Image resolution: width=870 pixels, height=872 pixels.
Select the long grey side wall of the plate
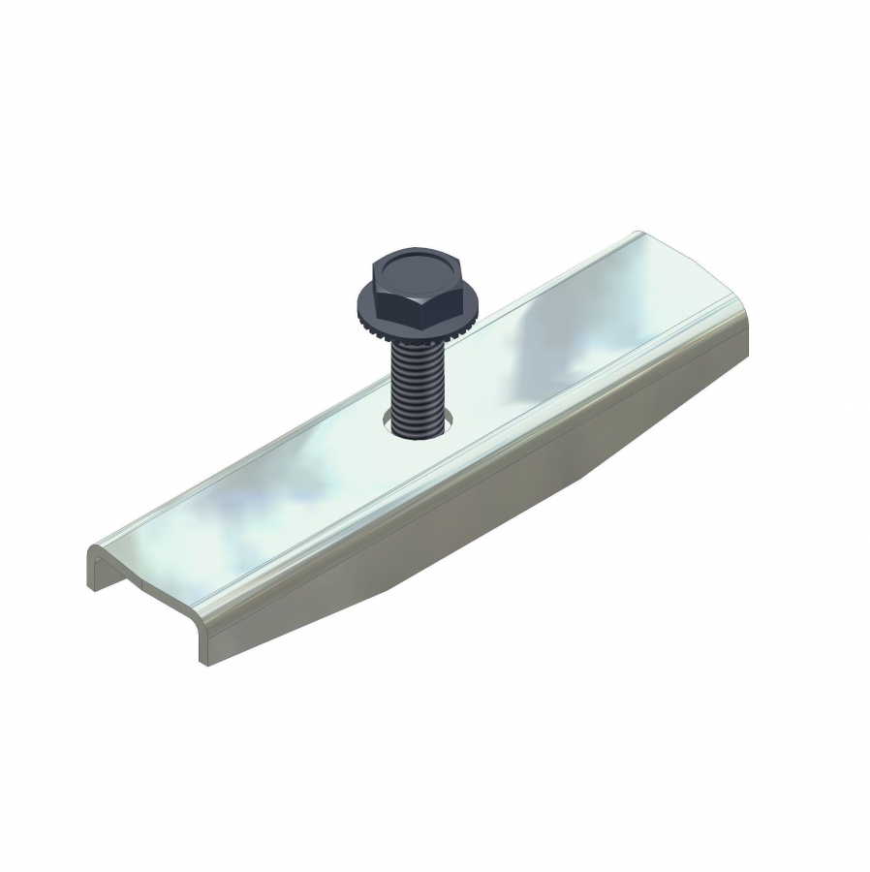click(484, 523)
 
